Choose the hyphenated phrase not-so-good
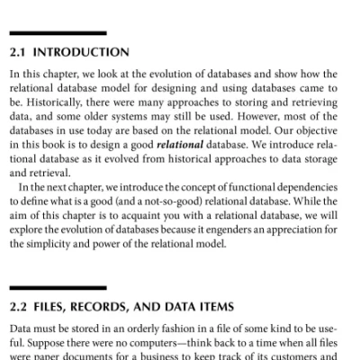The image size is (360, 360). [x=202, y=197]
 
